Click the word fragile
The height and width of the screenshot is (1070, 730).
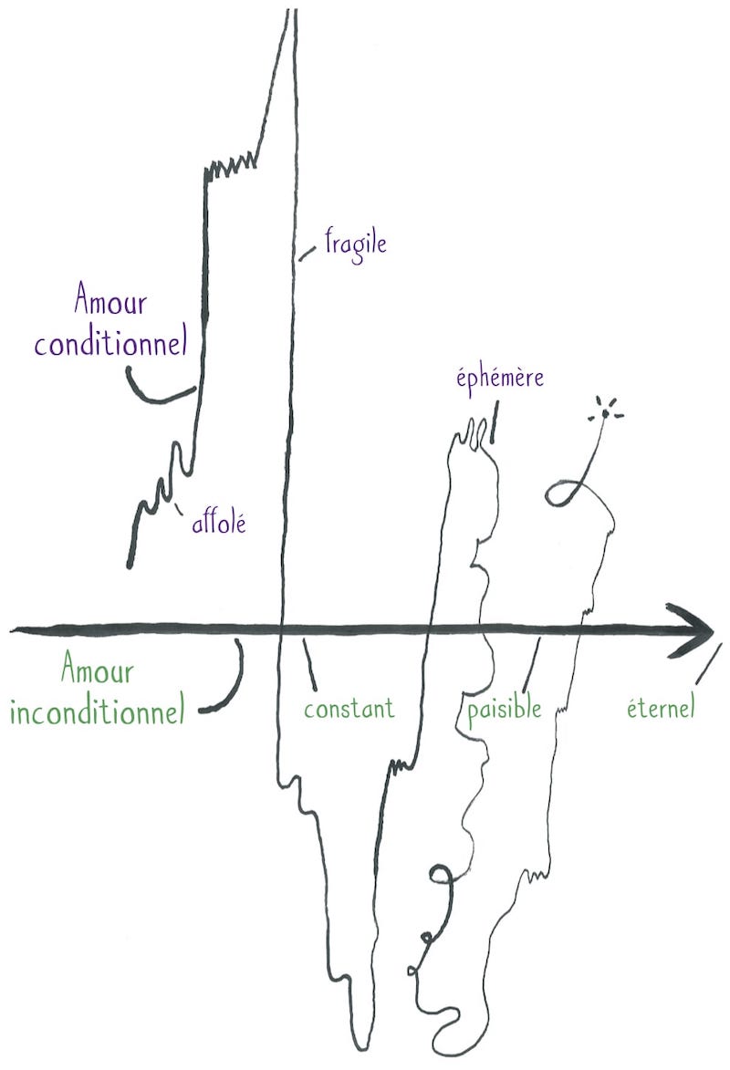click(x=355, y=244)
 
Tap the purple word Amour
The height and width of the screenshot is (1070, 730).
click(x=109, y=299)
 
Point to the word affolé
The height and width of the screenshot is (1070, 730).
click(x=218, y=523)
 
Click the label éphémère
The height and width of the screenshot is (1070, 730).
click(x=500, y=378)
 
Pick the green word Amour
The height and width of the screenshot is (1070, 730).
click(x=98, y=668)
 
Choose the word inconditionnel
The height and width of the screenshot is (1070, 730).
click(x=98, y=711)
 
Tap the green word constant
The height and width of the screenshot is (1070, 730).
click(x=349, y=709)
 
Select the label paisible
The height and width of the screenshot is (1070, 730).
click(x=504, y=710)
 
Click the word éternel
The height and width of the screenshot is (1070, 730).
click(x=661, y=707)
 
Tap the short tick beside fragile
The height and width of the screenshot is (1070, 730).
click(x=308, y=254)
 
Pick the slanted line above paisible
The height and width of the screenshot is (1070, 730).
click(x=531, y=665)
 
